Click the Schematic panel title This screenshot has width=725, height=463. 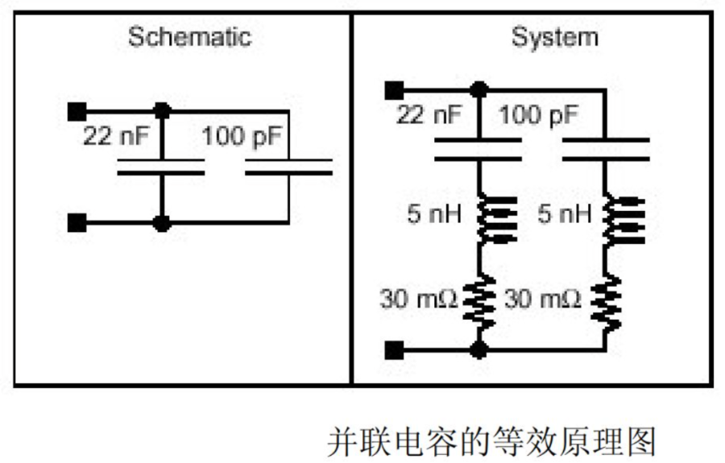pos(189,36)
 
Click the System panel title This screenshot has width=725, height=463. pos(555,37)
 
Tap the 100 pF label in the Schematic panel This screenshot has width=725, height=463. pos(242,136)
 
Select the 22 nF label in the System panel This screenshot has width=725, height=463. pos(429,114)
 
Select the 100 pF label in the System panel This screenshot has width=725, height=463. pos(539,114)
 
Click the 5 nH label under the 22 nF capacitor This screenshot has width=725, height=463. pos(434,213)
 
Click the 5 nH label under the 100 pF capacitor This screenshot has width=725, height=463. pos(565,213)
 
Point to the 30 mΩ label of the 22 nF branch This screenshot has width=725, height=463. pos(419,299)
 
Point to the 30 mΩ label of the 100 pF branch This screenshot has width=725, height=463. pos(543,299)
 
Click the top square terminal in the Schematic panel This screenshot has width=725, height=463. pos(77,112)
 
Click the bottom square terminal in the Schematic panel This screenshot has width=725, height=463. pos(77,223)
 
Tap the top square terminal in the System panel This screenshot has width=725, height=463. pos(395,90)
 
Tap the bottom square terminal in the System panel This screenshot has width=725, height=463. pos(395,350)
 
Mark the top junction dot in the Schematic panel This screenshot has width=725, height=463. pos(162,111)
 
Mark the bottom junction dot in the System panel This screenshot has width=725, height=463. pos(478,349)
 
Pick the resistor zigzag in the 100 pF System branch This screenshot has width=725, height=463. pos(606,303)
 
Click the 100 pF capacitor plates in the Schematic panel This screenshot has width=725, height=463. pos(288,167)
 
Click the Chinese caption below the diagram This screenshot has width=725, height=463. pos(491,442)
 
